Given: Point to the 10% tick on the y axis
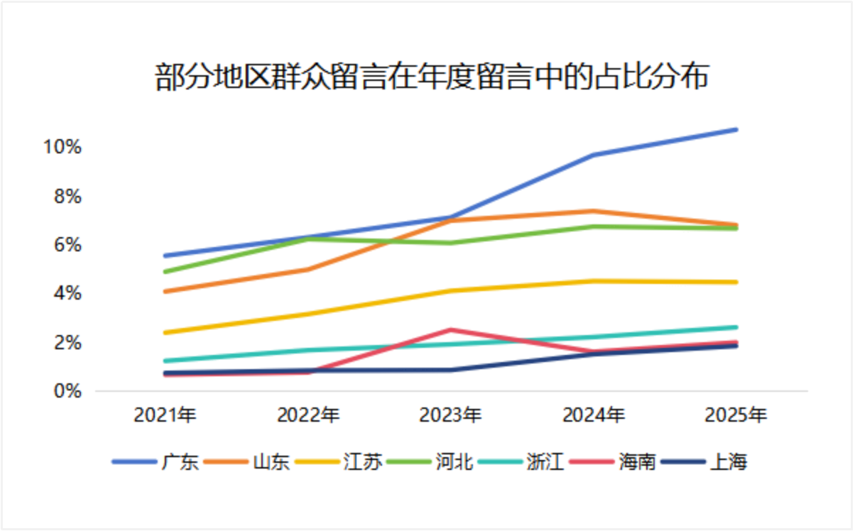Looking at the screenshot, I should (x=63, y=147).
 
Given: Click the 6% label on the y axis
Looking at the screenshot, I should (x=68, y=245).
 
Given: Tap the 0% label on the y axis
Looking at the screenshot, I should (x=68, y=391).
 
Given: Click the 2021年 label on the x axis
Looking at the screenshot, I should (x=165, y=415).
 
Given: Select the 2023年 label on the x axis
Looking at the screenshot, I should (x=451, y=415).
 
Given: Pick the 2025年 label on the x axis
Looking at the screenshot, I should (x=736, y=415).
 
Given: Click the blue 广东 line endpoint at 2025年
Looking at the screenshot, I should (x=736, y=129).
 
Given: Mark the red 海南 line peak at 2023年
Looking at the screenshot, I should (x=451, y=330).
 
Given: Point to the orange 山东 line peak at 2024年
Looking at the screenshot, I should (x=594, y=211).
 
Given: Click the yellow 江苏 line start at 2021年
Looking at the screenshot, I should (x=165, y=332).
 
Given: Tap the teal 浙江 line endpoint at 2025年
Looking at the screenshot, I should (x=736, y=327).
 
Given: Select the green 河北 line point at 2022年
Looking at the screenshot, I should (x=308, y=239).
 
